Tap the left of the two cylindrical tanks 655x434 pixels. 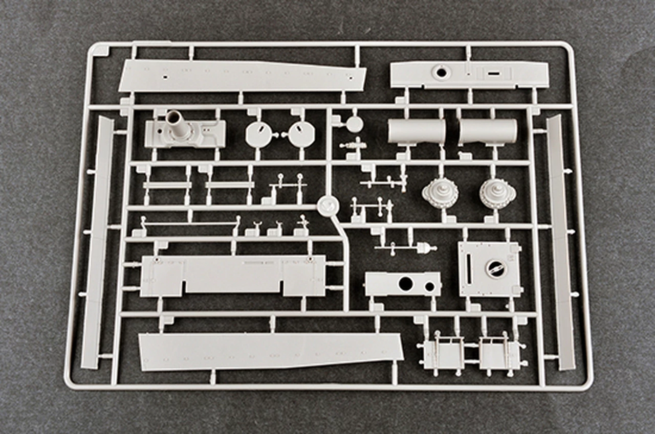tap(416, 131)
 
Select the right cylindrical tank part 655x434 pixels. tap(488, 131)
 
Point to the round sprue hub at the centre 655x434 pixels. tap(328, 205)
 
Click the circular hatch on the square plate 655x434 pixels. tap(495, 268)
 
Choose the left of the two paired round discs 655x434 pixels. tap(258, 134)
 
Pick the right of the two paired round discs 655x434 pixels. tap(301, 134)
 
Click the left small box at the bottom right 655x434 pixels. tap(443, 355)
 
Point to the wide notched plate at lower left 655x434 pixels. tap(233, 276)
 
